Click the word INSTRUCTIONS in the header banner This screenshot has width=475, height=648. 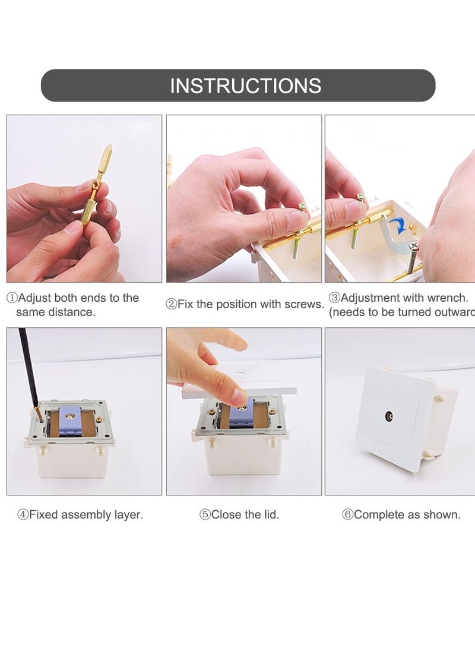point(245,86)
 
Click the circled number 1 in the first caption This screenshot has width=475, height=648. point(12,298)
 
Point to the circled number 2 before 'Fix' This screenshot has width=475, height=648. point(171,305)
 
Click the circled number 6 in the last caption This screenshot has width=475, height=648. point(347,515)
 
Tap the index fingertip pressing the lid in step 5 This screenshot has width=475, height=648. point(239,396)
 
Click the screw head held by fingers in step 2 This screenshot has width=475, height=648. point(302,207)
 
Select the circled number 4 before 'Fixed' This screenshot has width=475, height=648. point(23,515)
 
